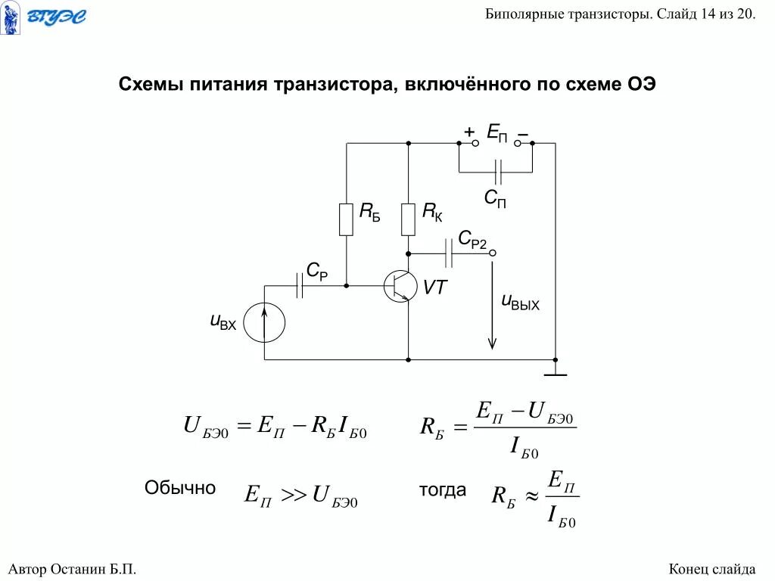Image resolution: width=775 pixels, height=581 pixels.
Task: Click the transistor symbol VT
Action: (x=400, y=285)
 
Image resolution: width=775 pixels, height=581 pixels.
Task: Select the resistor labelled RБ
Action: (x=346, y=219)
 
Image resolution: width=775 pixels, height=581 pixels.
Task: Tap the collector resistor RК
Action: (x=408, y=219)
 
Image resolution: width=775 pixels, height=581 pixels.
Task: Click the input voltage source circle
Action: (x=265, y=323)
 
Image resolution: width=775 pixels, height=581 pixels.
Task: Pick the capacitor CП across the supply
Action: (x=497, y=172)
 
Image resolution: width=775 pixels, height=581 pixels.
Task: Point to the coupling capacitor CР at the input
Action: (x=300, y=285)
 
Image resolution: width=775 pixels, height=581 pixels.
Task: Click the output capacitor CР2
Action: (x=450, y=253)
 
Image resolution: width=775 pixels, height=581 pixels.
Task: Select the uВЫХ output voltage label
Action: (x=521, y=303)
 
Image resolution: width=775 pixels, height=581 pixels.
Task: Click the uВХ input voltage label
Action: (x=223, y=322)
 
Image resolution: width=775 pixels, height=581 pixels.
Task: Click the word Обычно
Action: (x=180, y=489)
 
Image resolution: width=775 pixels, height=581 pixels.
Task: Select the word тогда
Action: (x=443, y=490)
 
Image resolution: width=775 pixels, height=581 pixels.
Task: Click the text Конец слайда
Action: (x=712, y=569)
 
